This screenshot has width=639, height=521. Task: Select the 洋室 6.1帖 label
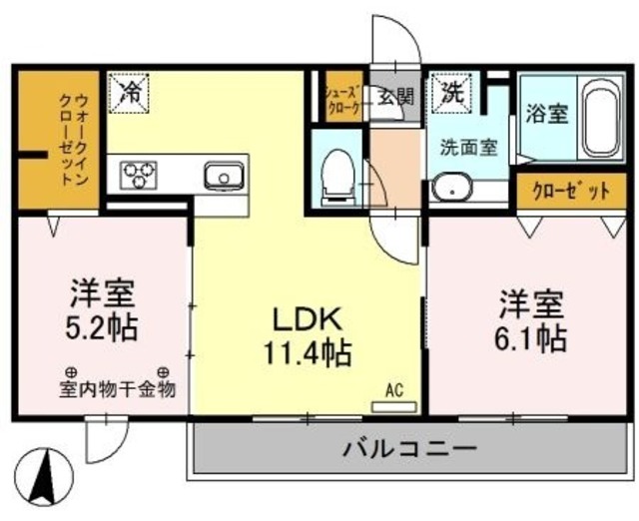click(531, 319)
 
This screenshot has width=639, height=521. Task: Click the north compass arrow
click(43, 477)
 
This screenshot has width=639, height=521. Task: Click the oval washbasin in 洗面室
click(454, 188)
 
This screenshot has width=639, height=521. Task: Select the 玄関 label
click(395, 97)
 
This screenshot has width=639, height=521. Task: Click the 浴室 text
click(547, 112)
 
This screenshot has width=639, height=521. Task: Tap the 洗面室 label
click(469, 145)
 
